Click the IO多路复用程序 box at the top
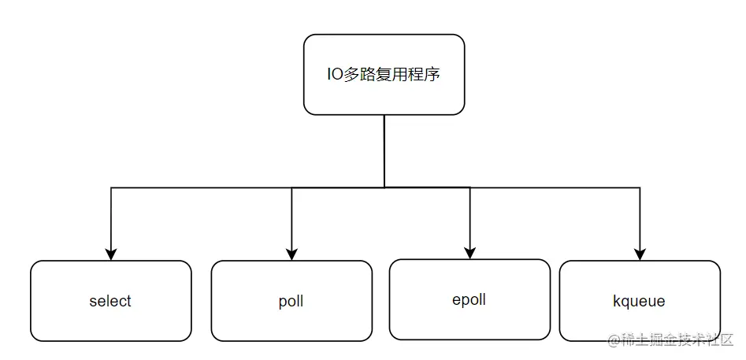tap(384, 75)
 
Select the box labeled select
tap(110, 301)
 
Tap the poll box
tap(291, 301)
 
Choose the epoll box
tap(469, 299)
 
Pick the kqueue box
tap(639, 301)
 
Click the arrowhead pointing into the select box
tap(111, 254)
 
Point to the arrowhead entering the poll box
tap(291, 254)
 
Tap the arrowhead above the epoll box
tap(470, 253)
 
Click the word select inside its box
tap(110, 301)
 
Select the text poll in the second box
tap(291, 301)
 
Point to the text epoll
tap(469, 299)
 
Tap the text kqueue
tap(639, 301)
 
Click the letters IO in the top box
tap(335, 76)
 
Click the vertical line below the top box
tap(384, 150)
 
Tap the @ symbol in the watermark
tap(614, 340)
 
